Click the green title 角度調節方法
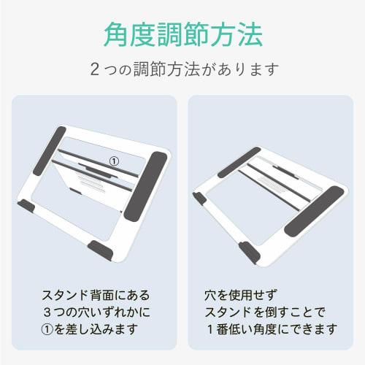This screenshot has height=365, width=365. pyautogui.click(x=182, y=33)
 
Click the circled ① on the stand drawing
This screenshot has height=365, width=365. pyautogui.click(x=113, y=158)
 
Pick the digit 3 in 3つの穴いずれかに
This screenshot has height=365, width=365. pyautogui.click(x=47, y=312)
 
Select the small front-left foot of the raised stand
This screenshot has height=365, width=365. pyautogui.click(x=26, y=207)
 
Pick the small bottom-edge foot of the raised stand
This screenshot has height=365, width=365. pyautogui.click(x=101, y=250)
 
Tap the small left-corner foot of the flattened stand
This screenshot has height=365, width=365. pyautogui.click(x=199, y=199)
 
